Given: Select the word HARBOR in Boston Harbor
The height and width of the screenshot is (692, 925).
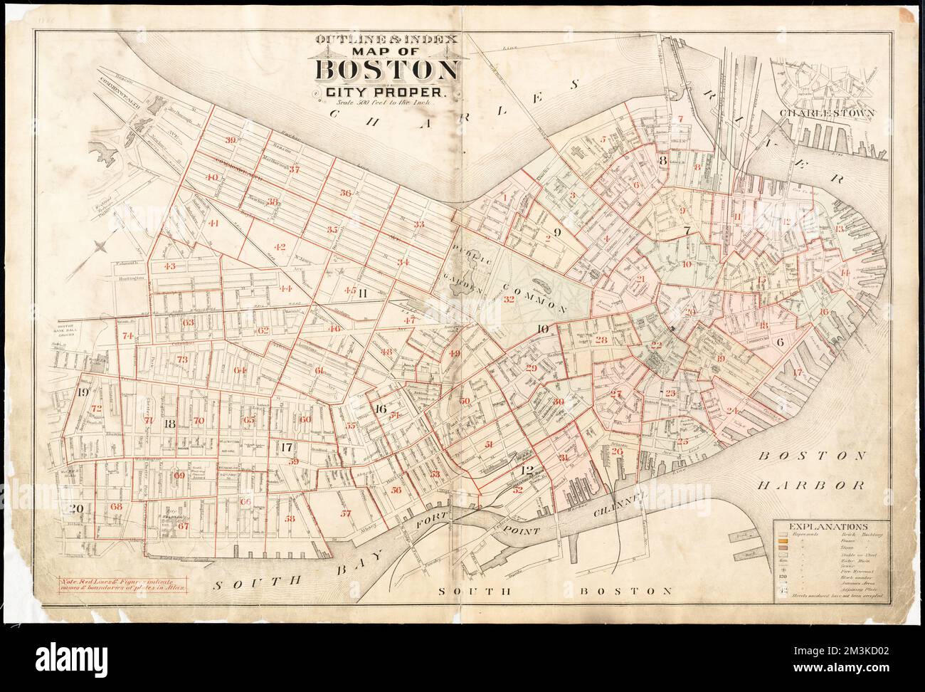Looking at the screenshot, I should [x=812, y=485].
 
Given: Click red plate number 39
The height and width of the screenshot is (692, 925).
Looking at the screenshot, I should [x=230, y=140].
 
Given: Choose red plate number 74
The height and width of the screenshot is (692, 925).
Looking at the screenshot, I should [x=128, y=336].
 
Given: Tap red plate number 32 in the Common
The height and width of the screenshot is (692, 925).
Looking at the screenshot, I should [x=509, y=300].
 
